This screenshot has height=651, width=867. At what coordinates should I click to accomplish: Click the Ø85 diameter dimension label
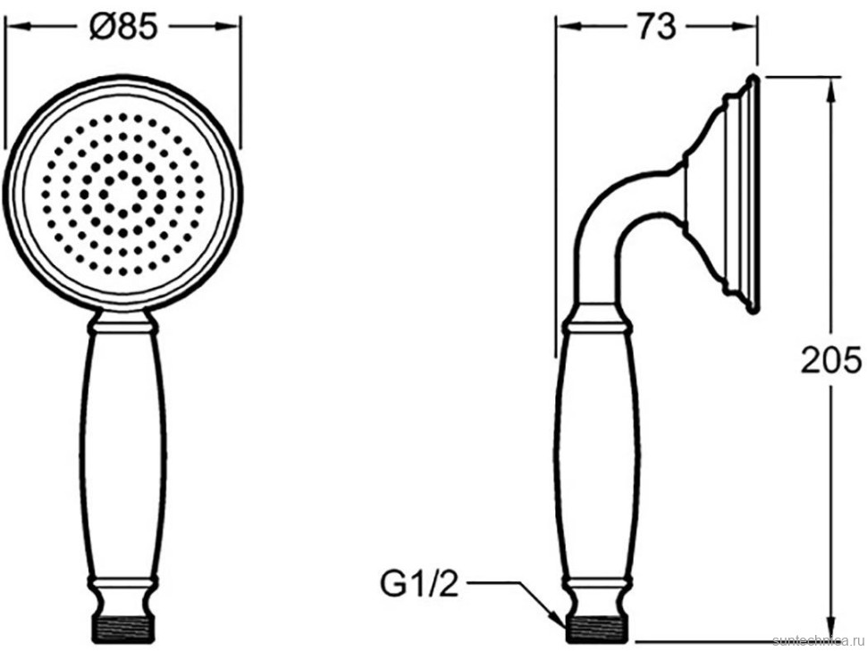123,27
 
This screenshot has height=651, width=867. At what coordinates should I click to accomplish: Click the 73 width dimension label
656,27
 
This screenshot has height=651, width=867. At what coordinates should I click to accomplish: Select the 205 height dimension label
831,360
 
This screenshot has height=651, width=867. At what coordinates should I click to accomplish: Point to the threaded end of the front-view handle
122,630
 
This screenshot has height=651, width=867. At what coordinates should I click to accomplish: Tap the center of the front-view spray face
122,194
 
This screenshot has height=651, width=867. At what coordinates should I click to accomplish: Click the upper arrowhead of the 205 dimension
830,89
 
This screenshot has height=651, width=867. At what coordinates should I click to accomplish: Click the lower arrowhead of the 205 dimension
830,630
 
